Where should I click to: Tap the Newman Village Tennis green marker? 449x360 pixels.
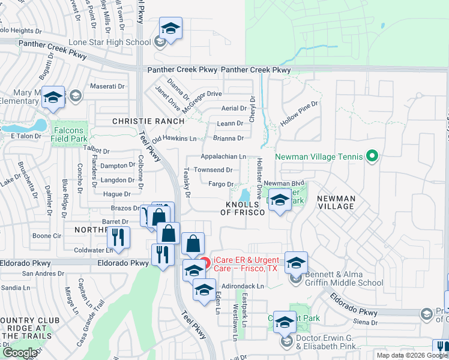pos(372,157)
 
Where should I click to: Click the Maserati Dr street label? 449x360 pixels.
pos(107,86)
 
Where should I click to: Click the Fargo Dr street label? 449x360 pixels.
pos(221,184)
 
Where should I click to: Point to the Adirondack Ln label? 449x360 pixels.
pos(243,287)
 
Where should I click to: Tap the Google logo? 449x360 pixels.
pos(20,353)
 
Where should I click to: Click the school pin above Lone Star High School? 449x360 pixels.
pos(170,29)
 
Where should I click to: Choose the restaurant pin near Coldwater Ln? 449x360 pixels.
pos(119,237)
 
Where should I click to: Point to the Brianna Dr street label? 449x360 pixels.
pos(229,138)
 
